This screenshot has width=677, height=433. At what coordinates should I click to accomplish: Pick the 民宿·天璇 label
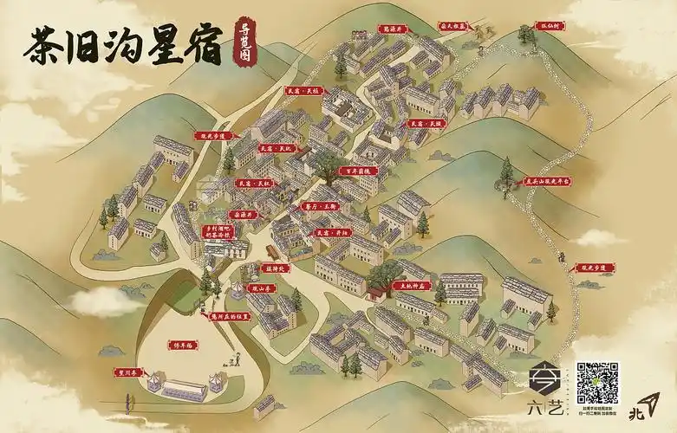(426, 124)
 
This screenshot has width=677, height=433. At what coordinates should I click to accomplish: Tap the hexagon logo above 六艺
(544, 377)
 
